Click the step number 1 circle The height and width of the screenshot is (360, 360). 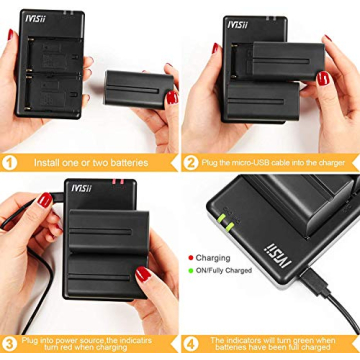(11, 162)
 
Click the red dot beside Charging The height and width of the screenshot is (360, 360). (190, 258)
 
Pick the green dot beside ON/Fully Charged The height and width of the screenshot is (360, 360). (190, 270)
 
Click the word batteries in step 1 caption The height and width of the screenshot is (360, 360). (133, 162)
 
